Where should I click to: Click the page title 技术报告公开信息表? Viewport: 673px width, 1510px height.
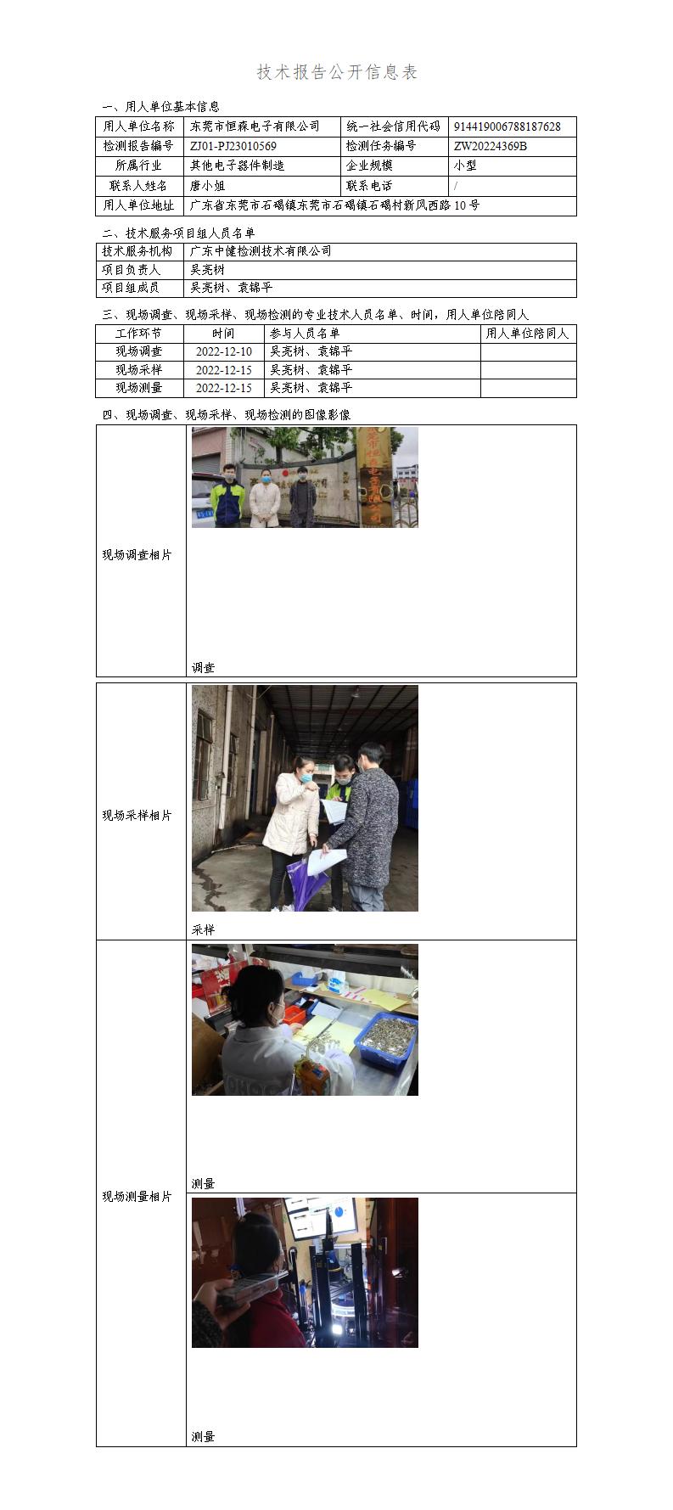337,72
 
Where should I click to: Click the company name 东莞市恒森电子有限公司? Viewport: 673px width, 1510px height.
255,126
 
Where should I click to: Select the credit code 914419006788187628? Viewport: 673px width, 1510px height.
507,126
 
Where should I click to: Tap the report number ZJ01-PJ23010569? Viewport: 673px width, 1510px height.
233,146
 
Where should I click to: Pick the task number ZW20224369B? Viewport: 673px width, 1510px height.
490,146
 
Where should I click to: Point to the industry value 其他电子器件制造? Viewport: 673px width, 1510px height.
237,166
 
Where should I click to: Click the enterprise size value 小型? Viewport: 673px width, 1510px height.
465,166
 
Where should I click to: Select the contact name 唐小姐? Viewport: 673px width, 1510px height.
207,185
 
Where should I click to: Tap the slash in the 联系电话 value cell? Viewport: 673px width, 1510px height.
456,185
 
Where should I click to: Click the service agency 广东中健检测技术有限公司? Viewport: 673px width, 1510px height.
261,251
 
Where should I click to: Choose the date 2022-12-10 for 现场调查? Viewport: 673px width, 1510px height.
223,351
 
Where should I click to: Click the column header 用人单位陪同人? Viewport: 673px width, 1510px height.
527,334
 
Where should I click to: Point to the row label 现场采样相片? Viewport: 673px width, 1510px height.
137,815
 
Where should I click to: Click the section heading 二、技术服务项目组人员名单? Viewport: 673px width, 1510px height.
178,233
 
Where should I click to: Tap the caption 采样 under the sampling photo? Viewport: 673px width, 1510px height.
203,929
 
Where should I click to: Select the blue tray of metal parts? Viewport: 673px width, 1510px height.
387,1040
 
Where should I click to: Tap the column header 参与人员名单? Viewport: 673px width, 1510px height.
304,334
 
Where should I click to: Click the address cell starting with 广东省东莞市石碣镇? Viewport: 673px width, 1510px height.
334,205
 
